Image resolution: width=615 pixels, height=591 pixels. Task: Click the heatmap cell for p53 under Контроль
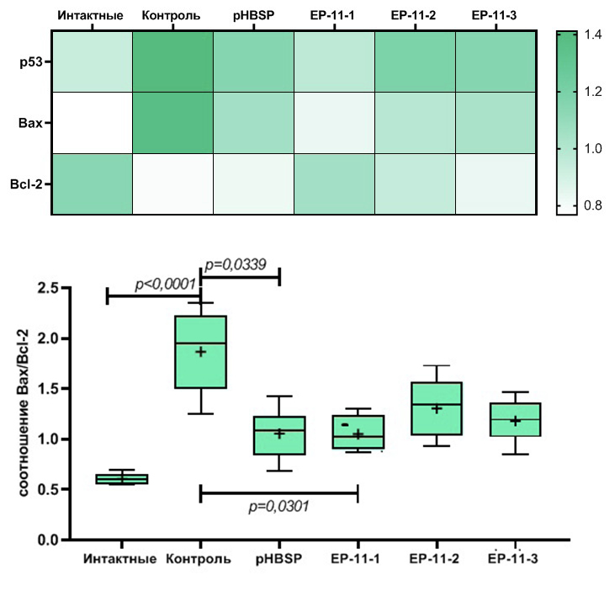coord(173,61)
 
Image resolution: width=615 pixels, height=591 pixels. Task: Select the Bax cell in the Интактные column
coord(93,123)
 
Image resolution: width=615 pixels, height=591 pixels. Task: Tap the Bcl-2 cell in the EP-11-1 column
coord(335,184)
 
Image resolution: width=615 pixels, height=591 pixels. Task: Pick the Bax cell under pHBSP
coord(254,123)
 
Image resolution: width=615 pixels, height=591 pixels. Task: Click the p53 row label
coord(30,61)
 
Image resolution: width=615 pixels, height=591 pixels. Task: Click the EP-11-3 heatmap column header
coord(495,16)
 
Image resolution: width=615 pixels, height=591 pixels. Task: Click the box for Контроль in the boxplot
coord(200,352)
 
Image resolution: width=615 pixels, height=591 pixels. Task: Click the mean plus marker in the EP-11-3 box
coord(515,420)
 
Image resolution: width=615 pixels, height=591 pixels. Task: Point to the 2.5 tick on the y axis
coord(49,289)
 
